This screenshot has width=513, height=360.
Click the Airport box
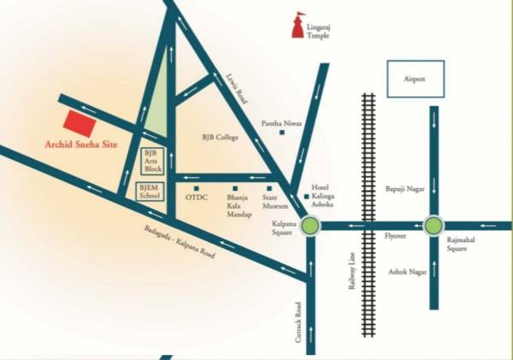click(x=415, y=79)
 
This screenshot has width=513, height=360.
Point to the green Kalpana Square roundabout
click(x=310, y=226)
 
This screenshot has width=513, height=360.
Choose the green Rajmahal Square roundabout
click(x=433, y=226)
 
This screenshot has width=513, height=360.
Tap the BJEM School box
click(x=150, y=192)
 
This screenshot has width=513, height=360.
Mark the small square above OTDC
click(x=197, y=188)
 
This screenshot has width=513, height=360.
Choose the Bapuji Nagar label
click(x=402, y=188)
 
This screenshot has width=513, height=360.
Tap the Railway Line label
click(x=351, y=274)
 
